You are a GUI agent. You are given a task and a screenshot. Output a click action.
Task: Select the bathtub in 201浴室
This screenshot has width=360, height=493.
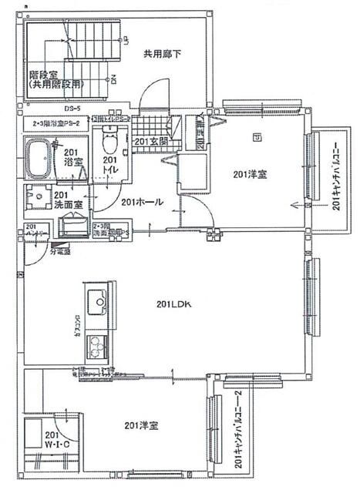coord(39,159)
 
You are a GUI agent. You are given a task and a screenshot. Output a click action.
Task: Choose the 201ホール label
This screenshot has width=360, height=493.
coord(142,202)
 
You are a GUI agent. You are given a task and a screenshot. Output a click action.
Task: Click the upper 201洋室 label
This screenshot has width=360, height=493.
coord(250,176)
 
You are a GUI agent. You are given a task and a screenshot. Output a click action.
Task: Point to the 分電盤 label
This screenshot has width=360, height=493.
coord(60,251)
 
